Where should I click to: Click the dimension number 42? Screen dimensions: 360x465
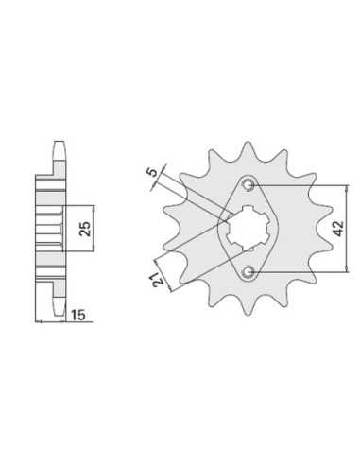(338, 228)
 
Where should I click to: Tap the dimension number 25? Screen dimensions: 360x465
(85, 229)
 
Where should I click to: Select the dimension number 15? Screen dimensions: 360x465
(77, 315)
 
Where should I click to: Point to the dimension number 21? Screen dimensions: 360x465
(159, 280)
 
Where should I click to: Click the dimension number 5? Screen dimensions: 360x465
(152, 172)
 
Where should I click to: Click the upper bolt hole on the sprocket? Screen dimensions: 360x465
(249, 185)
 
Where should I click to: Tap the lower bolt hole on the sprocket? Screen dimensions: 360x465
(249, 271)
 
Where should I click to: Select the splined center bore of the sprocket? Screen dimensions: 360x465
(248, 228)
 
